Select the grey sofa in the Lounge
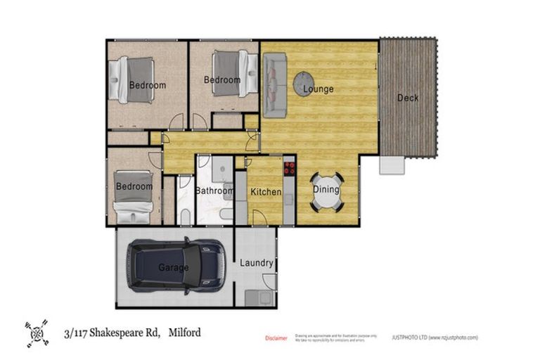[x=273, y=85]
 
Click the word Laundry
[x=256, y=263]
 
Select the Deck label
[x=407, y=98]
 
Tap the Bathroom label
[x=214, y=191]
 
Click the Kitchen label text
[x=266, y=192]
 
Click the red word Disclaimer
[x=276, y=338]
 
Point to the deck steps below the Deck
[x=392, y=165]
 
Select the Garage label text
[x=173, y=268]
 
